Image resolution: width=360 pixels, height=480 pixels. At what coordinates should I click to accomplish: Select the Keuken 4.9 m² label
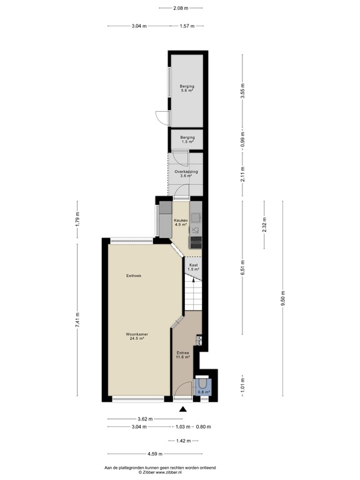[x=181, y=222]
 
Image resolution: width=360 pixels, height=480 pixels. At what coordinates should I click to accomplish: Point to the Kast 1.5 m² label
[x=194, y=267]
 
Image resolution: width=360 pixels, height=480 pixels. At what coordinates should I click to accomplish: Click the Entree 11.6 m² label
[x=182, y=354]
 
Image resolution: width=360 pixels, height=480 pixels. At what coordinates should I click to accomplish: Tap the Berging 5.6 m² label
[x=187, y=88]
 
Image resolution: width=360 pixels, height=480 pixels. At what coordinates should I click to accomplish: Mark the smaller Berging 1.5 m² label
[x=187, y=139]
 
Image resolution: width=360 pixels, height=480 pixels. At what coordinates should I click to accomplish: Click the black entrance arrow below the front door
[x=183, y=409]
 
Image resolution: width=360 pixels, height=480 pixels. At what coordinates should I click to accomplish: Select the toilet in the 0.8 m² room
[x=204, y=383]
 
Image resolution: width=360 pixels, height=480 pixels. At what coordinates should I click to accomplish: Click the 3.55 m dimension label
[x=242, y=91]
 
